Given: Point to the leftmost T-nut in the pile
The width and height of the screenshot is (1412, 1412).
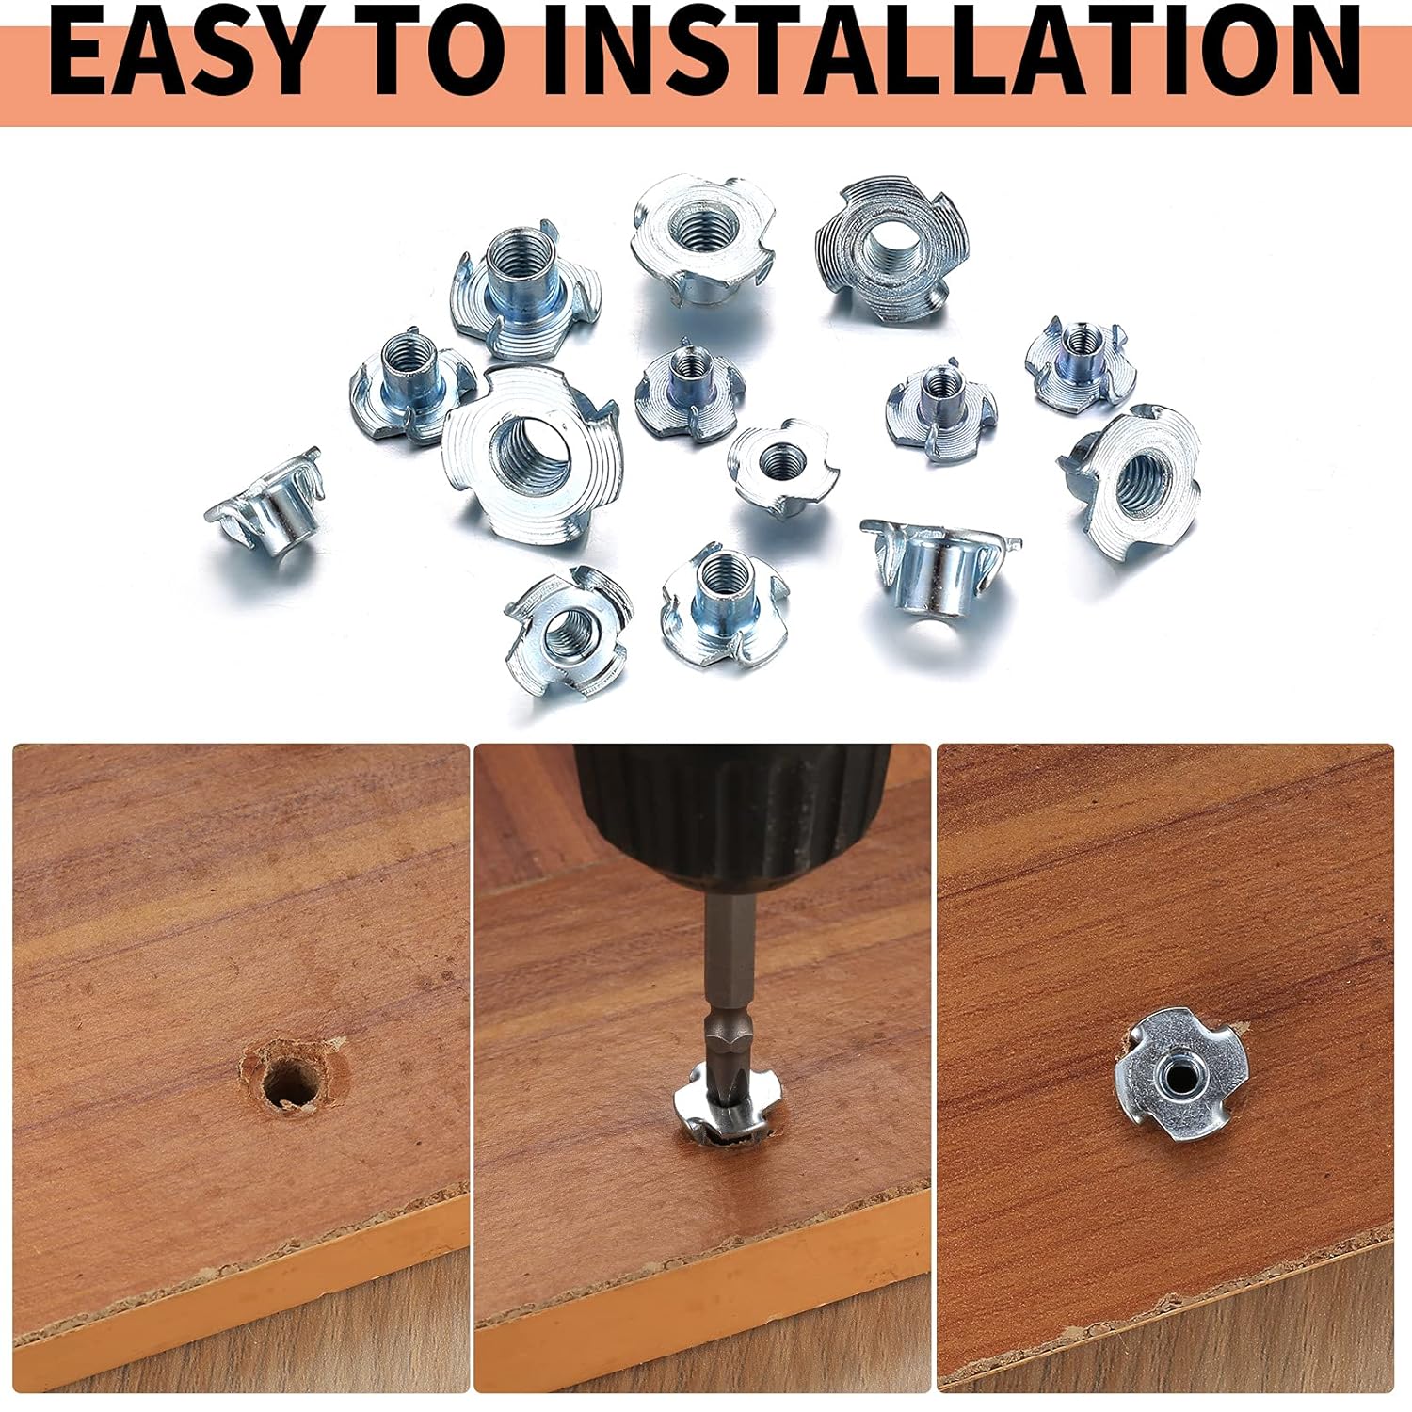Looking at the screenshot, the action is point(265,506).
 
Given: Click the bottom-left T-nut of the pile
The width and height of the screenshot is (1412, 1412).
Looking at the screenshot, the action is point(566,632).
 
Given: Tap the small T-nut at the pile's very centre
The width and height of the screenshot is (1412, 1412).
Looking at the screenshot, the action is point(781,467).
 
